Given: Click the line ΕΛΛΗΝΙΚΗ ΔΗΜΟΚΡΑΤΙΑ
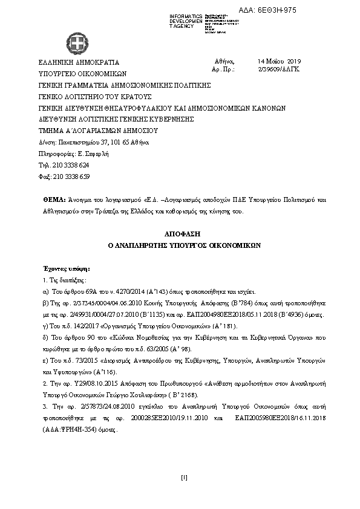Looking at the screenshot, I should pos(79,62).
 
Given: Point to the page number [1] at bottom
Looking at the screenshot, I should pos(184,478).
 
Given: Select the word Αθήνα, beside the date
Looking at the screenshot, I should pos(224,62).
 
